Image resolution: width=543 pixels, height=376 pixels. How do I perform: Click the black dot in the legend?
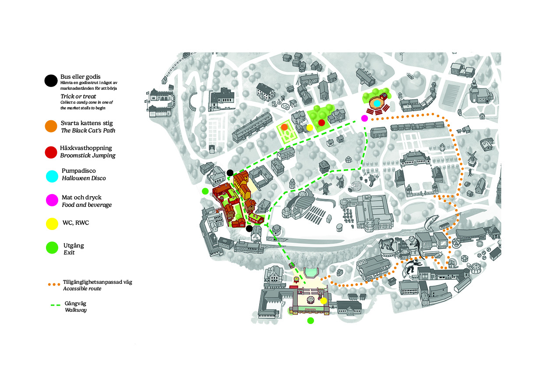[x=51, y=80]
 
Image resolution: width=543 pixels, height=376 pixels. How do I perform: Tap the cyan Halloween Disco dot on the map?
[x=377, y=103]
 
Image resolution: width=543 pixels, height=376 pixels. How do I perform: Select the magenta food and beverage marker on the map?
[x=365, y=118]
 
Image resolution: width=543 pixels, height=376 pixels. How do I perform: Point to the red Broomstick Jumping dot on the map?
[x=321, y=123]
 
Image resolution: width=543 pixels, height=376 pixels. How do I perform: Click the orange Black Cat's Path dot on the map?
[x=284, y=127]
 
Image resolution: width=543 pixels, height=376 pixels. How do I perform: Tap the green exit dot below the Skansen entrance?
[x=310, y=321]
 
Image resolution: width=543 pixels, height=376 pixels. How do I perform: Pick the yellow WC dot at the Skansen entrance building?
[x=324, y=301]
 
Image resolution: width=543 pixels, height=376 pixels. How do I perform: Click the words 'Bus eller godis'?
[x=80, y=77]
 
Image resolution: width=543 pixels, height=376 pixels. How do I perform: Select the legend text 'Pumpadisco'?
[x=78, y=171]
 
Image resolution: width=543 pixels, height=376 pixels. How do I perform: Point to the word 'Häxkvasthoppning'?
[x=86, y=148]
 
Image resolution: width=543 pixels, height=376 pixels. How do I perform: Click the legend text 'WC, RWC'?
[x=76, y=223]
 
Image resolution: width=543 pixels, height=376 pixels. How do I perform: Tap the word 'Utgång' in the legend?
[x=74, y=246]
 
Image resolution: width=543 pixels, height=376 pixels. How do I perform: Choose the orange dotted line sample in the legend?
[x=54, y=285]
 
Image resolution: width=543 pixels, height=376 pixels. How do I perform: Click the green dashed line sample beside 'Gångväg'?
[x=56, y=305]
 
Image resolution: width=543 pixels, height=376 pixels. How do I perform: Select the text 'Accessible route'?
[x=82, y=289]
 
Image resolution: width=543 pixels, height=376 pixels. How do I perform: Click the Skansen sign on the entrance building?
[x=310, y=309]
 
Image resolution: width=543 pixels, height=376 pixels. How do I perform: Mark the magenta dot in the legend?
[x=52, y=200]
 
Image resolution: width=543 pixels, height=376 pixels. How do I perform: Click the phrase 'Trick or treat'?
[x=78, y=96]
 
